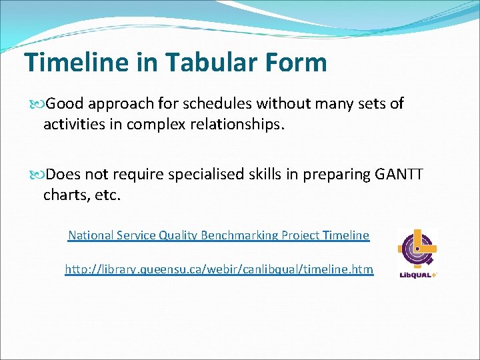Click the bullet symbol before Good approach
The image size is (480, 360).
click(x=37, y=105)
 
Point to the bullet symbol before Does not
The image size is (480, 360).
click(x=37, y=175)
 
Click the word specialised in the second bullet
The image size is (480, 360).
click(x=202, y=175)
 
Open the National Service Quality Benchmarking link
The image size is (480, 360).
click(x=218, y=235)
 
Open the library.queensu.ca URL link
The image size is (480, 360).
click(x=219, y=269)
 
